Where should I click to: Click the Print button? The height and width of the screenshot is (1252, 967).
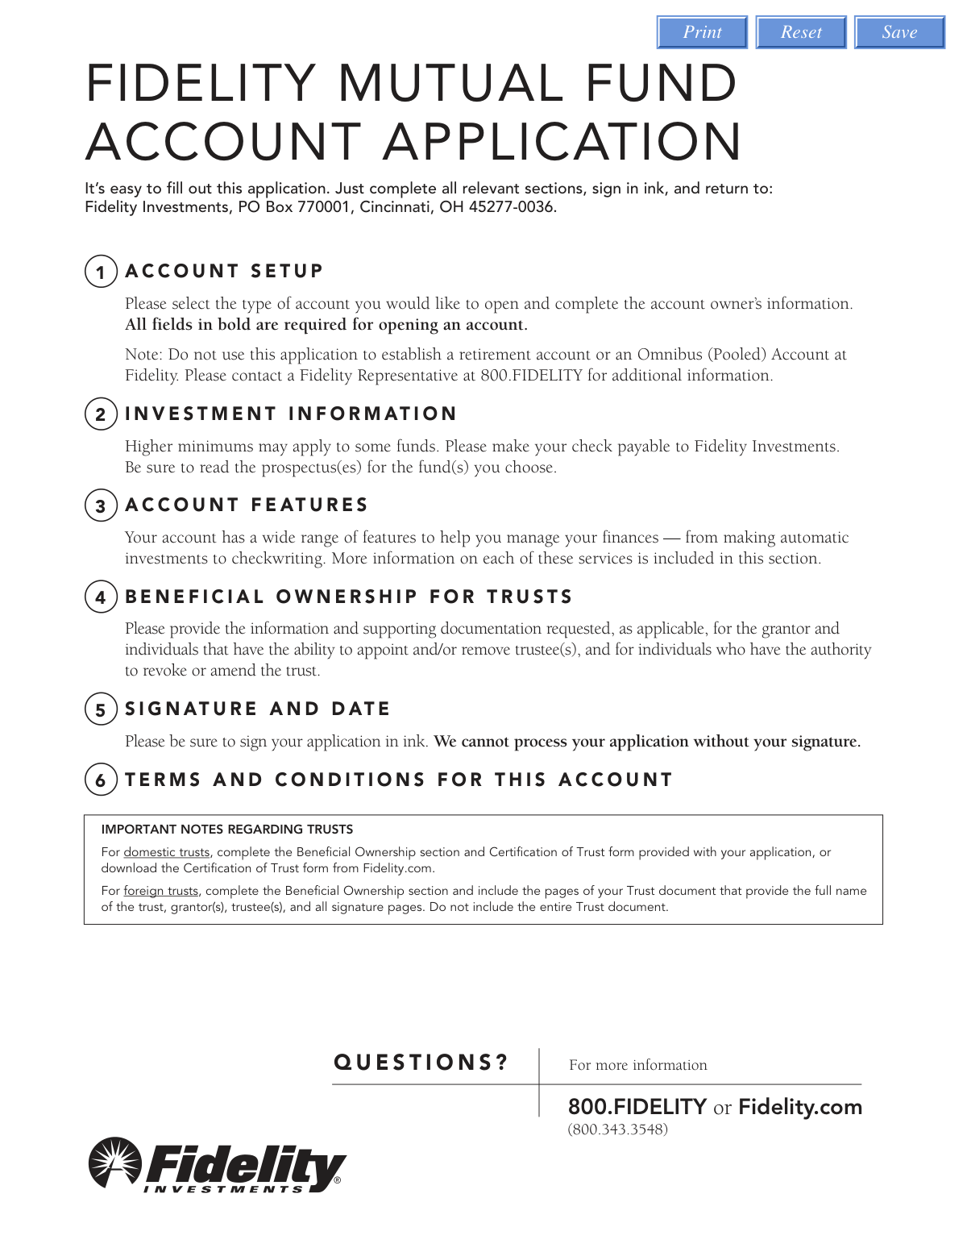pos(702,32)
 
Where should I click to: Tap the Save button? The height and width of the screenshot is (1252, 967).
pos(899,32)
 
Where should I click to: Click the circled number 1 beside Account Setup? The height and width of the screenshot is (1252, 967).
pos(101,272)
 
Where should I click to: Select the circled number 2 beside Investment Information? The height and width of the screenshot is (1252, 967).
pos(101,414)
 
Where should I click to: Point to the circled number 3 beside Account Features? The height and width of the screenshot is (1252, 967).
pos(101,505)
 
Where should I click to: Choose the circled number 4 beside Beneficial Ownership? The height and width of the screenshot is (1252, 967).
pos(101,597)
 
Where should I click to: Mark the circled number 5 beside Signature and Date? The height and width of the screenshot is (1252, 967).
pos(101,709)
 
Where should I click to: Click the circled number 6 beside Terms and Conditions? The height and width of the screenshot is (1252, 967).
pos(101,780)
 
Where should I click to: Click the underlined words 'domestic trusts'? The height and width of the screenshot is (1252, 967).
pos(166,852)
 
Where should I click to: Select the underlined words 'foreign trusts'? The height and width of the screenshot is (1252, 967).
pos(160,891)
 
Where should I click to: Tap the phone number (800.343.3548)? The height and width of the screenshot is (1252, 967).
pos(618,1129)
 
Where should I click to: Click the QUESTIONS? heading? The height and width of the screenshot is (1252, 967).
pos(421,1063)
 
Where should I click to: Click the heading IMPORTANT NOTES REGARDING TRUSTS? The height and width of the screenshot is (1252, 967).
pos(226,830)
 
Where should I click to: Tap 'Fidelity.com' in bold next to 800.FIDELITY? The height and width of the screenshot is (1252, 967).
pos(800,1107)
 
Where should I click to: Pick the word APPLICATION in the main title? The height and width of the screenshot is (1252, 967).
pos(562,142)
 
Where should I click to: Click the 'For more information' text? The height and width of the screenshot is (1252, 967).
pos(637,1065)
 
